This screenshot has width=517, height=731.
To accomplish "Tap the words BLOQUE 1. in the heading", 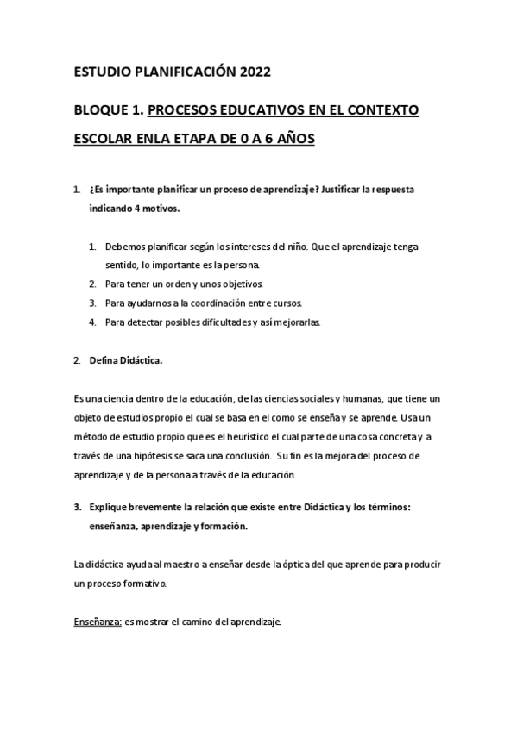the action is pyautogui.click(x=109, y=111).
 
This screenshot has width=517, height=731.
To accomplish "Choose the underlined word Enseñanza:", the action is pyautogui.click(x=98, y=622).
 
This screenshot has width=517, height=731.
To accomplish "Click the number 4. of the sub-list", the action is pyautogui.click(x=92, y=322).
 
